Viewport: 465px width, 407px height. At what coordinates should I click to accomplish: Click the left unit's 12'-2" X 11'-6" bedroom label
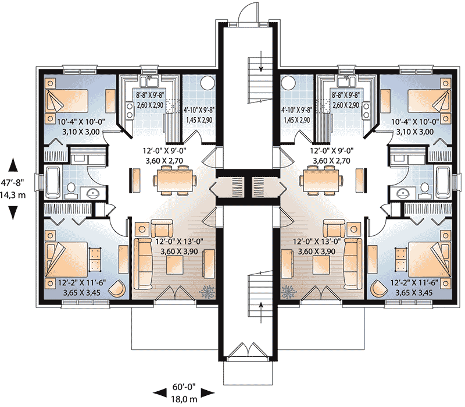tap(74, 282)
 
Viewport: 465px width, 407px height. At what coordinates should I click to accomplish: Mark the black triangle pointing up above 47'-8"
tap(13, 165)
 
